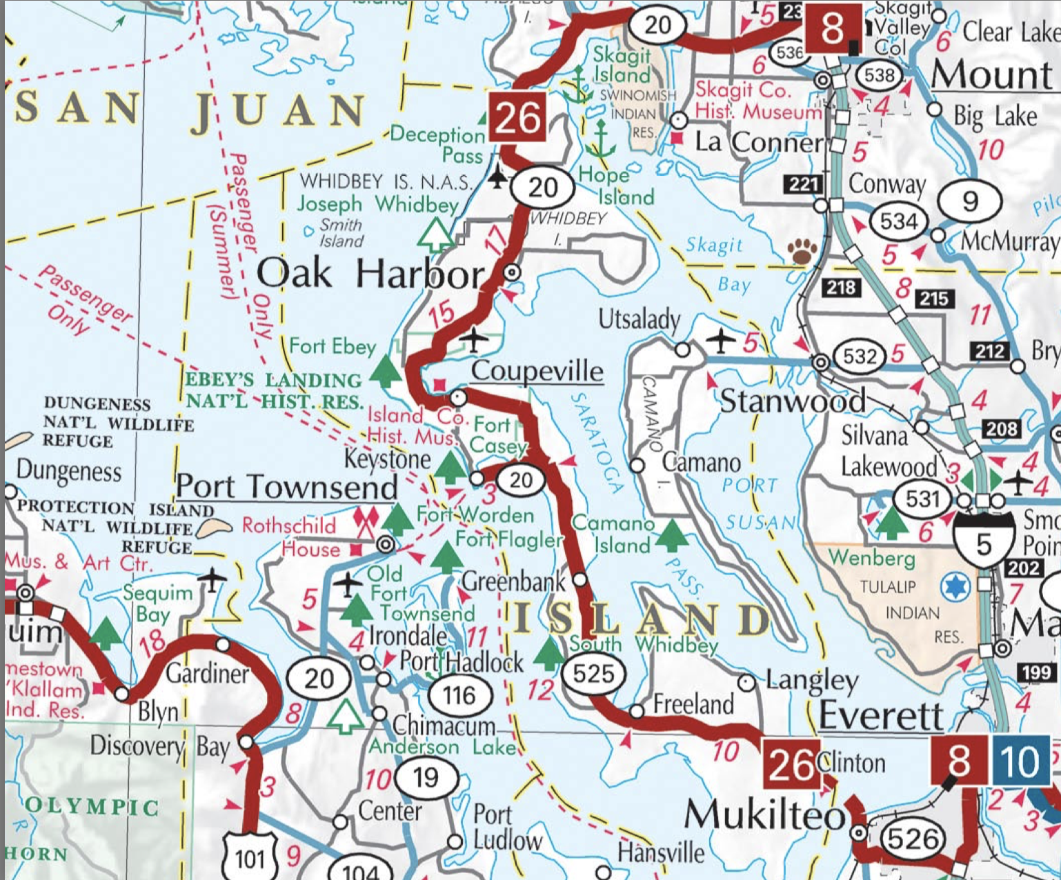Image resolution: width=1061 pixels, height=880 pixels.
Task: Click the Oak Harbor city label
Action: point(370,274)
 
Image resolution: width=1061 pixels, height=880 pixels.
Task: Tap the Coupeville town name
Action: point(537,371)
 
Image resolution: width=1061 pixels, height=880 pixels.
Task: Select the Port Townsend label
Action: point(286,487)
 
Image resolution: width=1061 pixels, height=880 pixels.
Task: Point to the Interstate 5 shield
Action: point(984,542)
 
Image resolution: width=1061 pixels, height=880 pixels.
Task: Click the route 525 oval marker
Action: point(593,673)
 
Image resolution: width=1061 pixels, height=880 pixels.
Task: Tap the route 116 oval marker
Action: point(459,695)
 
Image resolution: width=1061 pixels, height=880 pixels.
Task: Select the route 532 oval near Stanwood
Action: point(860,356)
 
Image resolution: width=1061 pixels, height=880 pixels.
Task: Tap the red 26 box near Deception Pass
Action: point(518,117)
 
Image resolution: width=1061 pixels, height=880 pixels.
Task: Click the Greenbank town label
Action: point(514,581)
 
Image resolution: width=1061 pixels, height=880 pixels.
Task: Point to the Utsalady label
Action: point(639,319)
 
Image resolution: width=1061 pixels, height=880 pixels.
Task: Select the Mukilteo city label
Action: point(764,816)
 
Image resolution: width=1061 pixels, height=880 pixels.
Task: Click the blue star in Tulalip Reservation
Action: point(955,587)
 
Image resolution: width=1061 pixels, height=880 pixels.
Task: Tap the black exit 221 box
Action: point(804,184)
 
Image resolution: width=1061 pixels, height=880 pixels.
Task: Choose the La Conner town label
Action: point(759,142)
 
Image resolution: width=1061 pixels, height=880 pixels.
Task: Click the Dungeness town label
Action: point(69,471)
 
